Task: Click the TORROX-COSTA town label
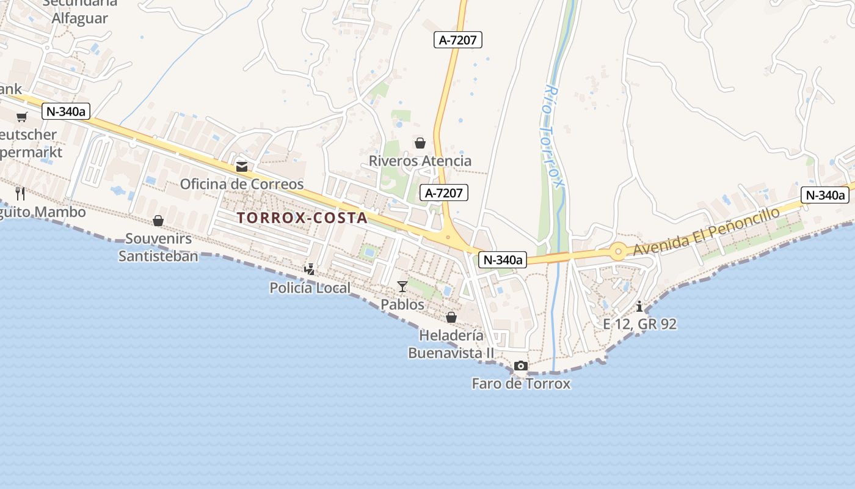tap(302, 218)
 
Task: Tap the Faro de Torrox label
tap(521, 384)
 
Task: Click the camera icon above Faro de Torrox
tap(520, 366)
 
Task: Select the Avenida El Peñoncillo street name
tap(707, 232)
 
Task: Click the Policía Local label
tap(310, 288)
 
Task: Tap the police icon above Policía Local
tap(310, 269)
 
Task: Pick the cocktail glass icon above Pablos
tap(402, 286)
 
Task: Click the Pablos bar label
tap(402, 304)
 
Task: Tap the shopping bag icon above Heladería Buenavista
tap(451, 317)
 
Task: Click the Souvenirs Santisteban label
tap(158, 247)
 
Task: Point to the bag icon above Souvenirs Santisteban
tap(158, 221)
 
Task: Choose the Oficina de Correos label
tap(242, 184)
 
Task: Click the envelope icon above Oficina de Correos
tap(242, 166)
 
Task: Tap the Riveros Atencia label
tap(420, 161)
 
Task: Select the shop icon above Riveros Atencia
tap(420, 143)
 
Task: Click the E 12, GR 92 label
tap(639, 324)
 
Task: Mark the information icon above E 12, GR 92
tap(639, 306)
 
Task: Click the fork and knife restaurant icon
tap(20, 194)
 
